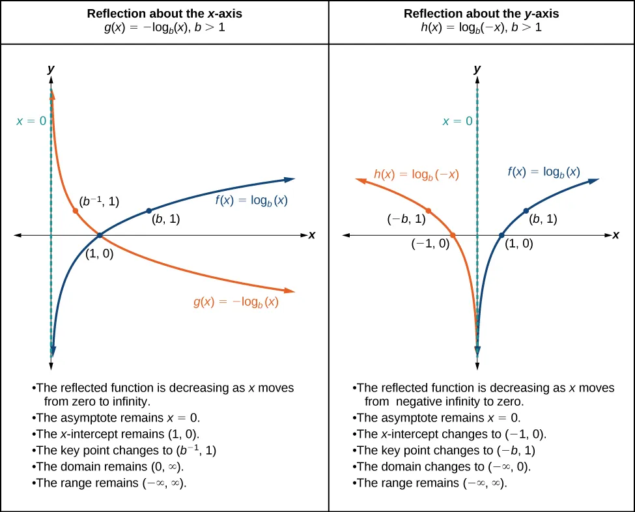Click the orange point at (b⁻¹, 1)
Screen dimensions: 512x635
(76, 211)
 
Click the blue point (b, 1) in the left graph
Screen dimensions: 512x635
(149, 210)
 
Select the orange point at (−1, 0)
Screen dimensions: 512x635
(453, 235)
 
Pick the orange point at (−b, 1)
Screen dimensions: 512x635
(428, 210)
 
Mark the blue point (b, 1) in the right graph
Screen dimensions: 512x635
(526, 210)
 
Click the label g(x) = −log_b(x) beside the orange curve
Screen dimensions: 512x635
(236, 302)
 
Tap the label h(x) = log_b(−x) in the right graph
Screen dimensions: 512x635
(416, 174)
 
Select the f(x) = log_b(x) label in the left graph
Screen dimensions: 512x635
(251, 201)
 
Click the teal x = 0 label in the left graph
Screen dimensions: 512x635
(31, 121)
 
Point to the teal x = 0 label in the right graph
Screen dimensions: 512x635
(457, 121)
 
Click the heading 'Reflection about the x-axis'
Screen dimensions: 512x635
(164, 14)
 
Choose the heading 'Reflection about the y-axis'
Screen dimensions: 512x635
(481, 14)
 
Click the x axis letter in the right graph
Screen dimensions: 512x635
(615, 235)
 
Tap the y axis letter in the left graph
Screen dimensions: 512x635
(51, 68)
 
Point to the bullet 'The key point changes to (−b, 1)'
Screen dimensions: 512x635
(446, 450)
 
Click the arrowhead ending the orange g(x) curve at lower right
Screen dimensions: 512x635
(289, 291)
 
